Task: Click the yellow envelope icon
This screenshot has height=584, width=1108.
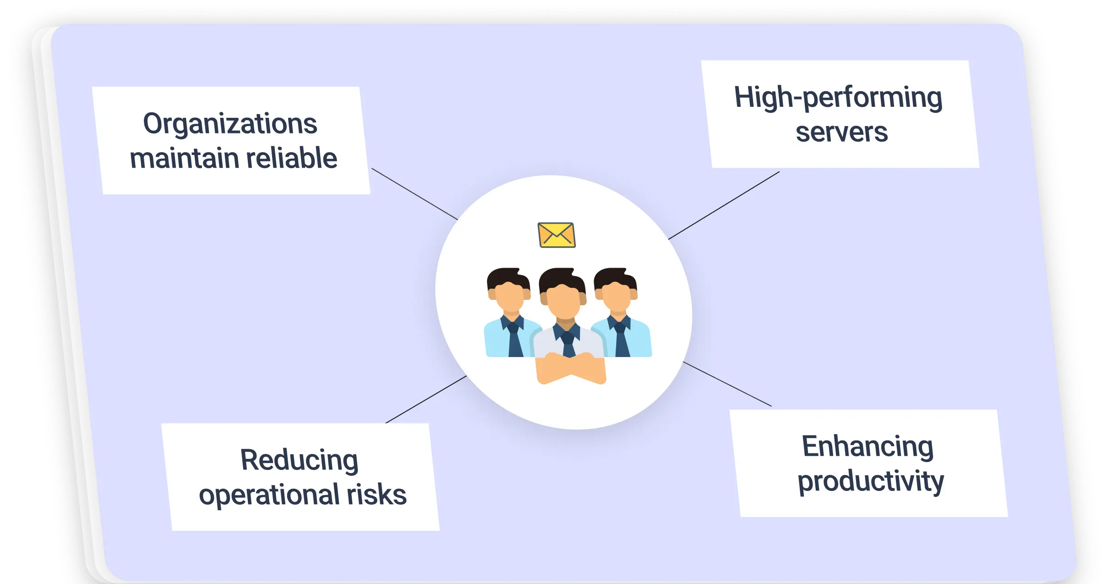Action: tap(557, 235)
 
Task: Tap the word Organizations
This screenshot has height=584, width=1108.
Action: tap(230, 124)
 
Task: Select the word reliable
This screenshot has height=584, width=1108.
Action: tap(292, 158)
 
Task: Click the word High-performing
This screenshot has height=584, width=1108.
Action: tap(838, 97)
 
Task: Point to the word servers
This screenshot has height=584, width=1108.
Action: tap(841, 132)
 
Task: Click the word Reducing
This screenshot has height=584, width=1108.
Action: tap(299, 460)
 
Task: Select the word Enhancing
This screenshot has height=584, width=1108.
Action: tap(868, 446)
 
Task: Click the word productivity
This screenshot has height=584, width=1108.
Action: tap(871, 481)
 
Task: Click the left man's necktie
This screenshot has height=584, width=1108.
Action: tap(514, 338)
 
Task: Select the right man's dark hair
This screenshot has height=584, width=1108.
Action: tap(616, 278)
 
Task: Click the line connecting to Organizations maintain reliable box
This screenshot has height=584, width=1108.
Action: tap(415, 194)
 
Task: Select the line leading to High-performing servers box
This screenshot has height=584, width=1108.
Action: tap(724, 205)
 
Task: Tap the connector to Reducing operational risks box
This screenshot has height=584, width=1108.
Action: tap(426, 399)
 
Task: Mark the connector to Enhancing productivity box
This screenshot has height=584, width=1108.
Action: tap(727, 384)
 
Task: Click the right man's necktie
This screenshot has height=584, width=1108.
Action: tap(621, 339)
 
